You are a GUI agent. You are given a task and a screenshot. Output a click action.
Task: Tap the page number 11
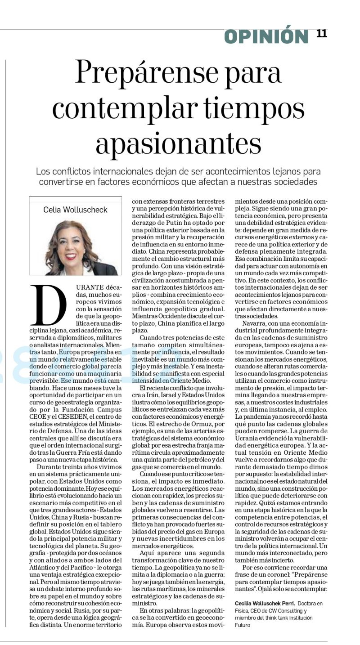(322, 34)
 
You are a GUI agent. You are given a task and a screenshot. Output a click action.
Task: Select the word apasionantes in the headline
(179, 143)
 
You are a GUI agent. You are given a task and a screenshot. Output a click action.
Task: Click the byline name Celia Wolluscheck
(75, 210)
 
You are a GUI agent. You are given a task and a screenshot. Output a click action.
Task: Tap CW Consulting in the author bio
(282, 611)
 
